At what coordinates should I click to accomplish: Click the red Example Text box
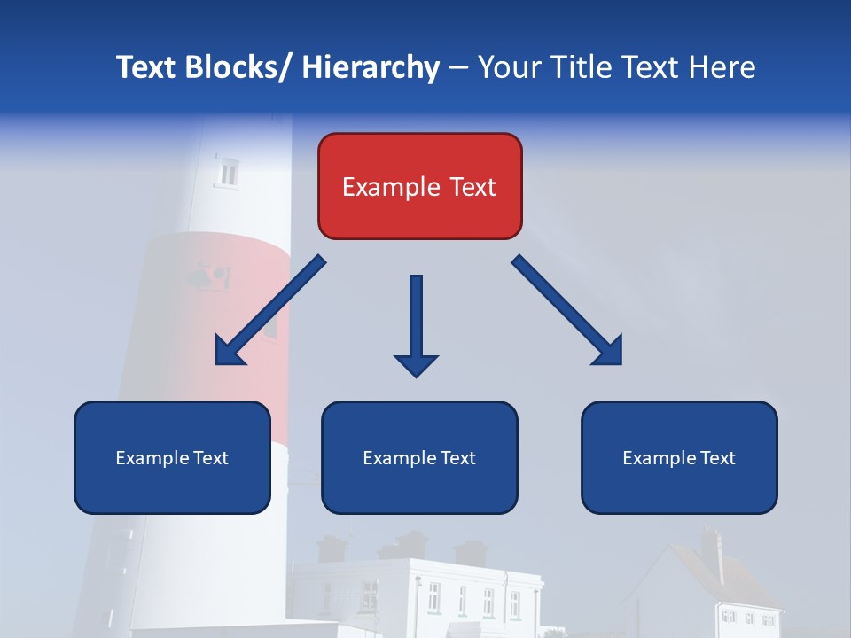point(419,186)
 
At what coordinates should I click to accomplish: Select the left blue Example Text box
point(172,457)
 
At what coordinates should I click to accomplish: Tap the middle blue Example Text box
point(419,457)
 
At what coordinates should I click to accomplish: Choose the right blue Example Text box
point(679,457)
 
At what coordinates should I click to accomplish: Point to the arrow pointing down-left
point(270,310)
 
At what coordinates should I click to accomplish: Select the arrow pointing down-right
point(567,310)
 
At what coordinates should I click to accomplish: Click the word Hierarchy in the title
point(371,67)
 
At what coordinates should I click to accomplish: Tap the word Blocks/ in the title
point(231,67)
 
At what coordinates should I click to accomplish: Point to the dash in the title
point(457,67)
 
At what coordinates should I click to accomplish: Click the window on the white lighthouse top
point(229,172)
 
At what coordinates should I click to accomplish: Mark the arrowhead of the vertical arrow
point(416,364)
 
